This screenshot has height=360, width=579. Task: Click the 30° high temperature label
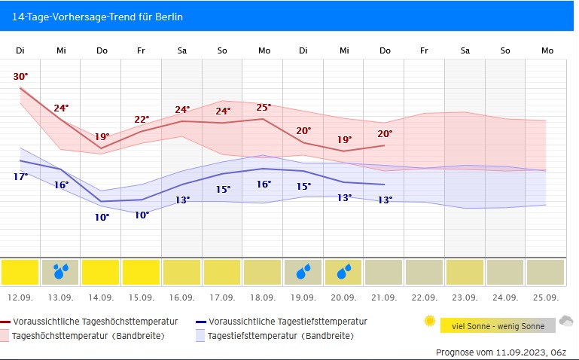click(x=20, y=76)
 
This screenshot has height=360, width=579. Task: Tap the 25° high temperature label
click(x=264, y=107)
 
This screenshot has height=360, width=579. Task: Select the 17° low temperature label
click(x=20, y=176)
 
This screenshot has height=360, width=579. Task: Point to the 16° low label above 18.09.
click(x=264, y=184)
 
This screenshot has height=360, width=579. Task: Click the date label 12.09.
click(x=20, y=297)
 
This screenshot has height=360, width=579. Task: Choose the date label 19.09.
click(x=304, y=297)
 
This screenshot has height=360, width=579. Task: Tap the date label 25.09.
click(x=547, y=297)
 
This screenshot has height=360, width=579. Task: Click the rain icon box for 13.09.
click(x=61, y=272)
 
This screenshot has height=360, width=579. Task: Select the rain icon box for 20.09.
click(x=344, y=272)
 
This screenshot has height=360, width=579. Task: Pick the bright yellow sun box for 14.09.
click(x=102, y=272)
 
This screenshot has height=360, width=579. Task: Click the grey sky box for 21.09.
click(x=384, y=272)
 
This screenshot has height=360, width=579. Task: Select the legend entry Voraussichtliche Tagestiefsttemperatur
click(x=288, y=322)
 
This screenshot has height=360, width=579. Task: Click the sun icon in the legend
click(x=430, y=322)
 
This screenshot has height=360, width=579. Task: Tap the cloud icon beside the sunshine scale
click(x=565, y=322)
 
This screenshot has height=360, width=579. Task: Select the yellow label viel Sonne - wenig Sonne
click(x=497, y=325)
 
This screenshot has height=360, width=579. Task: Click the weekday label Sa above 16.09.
click(x=182, y=50)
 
